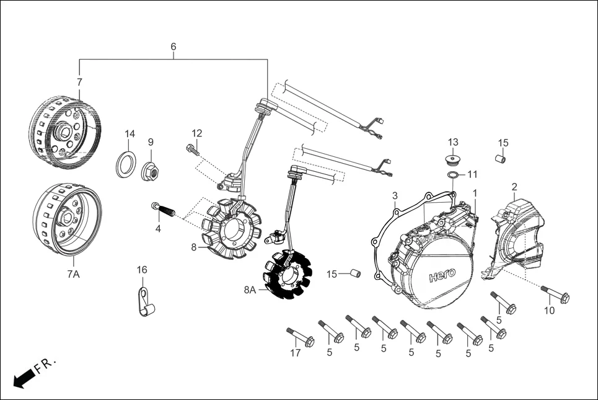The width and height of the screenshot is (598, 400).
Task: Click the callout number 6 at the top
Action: [x=173, y=47]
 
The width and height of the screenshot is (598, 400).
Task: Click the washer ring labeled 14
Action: [x=127, y=164]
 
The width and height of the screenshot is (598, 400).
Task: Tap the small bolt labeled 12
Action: [x=193, y=148]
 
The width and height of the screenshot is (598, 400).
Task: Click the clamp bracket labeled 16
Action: [x=146, y=302]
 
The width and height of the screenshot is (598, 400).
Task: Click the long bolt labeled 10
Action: [x=555, y=294]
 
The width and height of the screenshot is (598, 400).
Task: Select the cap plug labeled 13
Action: [x=454, y=159]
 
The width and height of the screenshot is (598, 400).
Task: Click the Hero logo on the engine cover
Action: [x=441, y=273]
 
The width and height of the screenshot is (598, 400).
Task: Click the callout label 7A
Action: [x=73, y=273]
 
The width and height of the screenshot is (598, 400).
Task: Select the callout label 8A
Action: [x=250, y=289]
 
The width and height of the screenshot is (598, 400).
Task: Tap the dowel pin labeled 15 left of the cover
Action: [x=355, y=273]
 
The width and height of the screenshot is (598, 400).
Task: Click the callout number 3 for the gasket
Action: [x=395, y=197]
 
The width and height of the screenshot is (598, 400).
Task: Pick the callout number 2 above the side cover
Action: [x=514, y=187]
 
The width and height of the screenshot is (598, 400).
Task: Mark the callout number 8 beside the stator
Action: [x=193, y=247]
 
